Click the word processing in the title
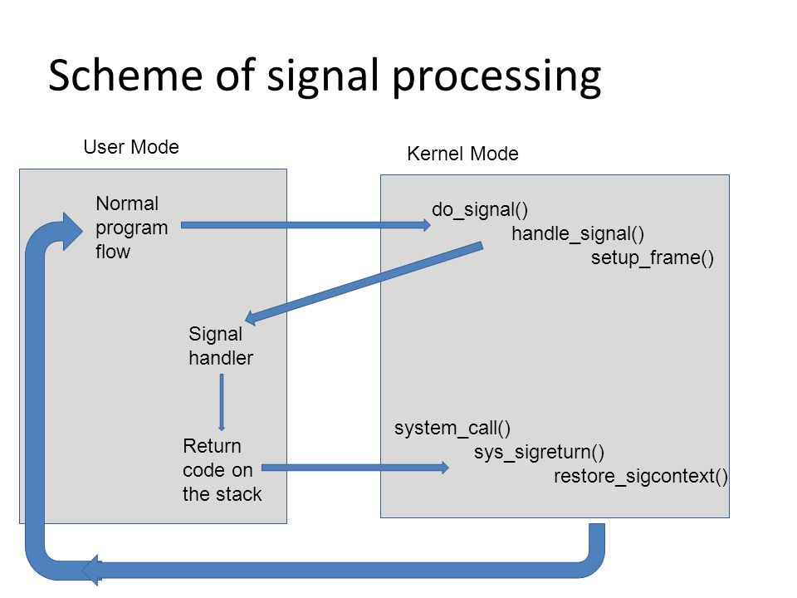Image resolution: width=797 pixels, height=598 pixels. coord(496,77)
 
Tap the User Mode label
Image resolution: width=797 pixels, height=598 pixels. coord(131,147)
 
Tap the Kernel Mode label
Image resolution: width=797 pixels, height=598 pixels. coord(462,154)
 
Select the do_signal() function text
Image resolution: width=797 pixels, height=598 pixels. coord(480,209)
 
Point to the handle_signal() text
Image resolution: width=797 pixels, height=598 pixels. coord(578,234)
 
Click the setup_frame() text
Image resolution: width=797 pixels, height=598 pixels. coord(653,257)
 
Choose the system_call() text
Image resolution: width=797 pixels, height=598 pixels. coord(452,429)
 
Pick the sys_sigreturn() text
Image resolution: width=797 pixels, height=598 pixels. coord(540,452)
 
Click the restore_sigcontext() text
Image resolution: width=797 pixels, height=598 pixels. coord(640,477)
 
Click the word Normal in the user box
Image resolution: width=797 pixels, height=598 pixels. coord(127,203)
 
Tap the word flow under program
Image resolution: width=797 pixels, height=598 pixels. coord(113,252)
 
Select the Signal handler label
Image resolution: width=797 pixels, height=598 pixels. coord(221,346)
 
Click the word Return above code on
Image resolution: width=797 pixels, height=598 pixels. coord(212,446)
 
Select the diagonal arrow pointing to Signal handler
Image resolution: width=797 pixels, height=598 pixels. coord(364,282)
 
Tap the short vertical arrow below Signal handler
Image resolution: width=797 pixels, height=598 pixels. coord(221,403)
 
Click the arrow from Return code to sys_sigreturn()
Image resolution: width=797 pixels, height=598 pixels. coord(354,468)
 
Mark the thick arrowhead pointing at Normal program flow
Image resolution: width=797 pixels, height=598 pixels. coord(71,232)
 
